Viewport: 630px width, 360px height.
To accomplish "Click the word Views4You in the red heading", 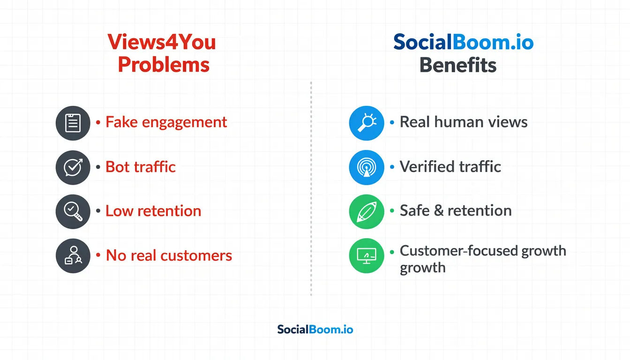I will [x=162, y=43].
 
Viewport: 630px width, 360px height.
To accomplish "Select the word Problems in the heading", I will [x=164, y=65].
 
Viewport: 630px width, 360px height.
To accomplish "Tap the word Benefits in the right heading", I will [x=457, y=65].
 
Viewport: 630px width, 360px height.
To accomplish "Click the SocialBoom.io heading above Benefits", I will [x=463, y=43].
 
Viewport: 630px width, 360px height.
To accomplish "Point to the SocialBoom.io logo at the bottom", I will [x=315, y=329].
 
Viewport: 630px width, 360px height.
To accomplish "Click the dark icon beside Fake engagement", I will [x=73, y=123].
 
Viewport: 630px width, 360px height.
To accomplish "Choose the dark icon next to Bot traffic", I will [x=73, y=167].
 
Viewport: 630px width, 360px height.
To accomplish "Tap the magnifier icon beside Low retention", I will [x=73, y=211].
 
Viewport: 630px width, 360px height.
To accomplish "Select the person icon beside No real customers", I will [x=73, y=256].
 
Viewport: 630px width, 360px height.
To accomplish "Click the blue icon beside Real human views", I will [x=367, y=123].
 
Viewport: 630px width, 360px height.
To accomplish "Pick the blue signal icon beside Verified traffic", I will [x=367, y=167].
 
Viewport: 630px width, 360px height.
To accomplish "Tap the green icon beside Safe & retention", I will [x=367, y=211].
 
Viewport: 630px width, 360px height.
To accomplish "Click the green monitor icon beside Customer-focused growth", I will [x=367, y=256].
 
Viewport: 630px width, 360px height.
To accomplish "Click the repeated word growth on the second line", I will [x=422, y=268].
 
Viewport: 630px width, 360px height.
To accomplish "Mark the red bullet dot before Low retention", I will [x=98, y=211].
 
